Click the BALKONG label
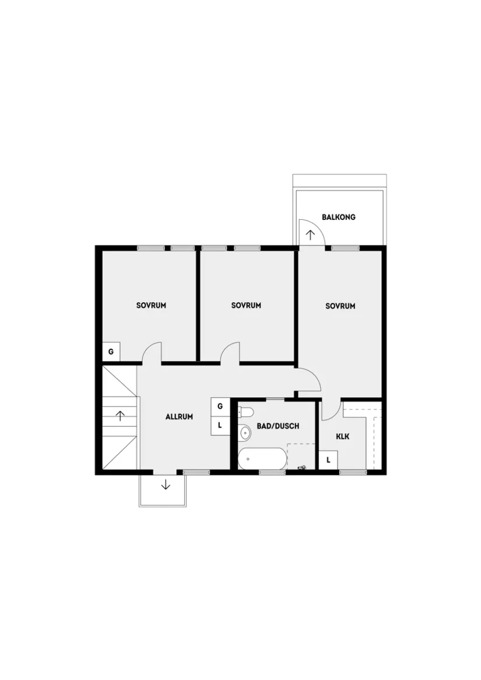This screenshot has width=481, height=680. point(338,217)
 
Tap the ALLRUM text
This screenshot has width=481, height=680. point(179,417)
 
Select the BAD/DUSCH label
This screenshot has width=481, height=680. point(278,426)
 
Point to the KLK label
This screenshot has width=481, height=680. point(342,436)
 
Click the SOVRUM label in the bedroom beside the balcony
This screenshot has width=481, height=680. point(340,306)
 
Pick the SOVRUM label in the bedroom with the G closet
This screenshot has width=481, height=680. point(151,305)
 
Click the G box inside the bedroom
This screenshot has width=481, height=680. point(111,352)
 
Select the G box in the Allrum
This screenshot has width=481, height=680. point(220,406)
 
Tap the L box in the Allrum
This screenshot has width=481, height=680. point(220,425)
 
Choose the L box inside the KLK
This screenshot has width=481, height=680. point(328,460)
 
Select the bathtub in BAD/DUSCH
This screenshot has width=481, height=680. point(262,458)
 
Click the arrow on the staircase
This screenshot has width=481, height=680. point(120,416)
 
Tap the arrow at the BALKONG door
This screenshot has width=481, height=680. point(310,234)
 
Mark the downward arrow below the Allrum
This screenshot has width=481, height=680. point(166,483)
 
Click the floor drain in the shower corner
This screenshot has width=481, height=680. point(303,467)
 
